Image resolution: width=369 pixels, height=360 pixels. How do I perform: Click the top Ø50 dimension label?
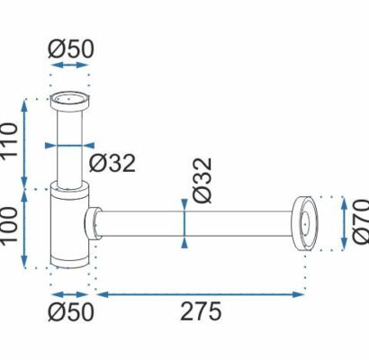(x=71, y=49)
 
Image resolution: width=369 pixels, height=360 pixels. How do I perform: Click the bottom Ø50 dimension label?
(x=71, y=312)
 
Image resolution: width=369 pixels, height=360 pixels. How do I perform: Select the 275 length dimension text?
(x=201, y=311)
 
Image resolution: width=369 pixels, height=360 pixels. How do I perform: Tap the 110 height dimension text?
(x=10, y=139)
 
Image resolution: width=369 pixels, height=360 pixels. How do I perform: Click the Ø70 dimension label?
(x=361, y=221)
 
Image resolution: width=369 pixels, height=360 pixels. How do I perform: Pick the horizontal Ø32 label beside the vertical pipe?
(x=112, y=164)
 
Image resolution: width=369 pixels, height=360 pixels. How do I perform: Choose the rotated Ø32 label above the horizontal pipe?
(x=202, y=180)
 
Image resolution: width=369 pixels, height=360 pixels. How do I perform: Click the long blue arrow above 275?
(x=201, y=294)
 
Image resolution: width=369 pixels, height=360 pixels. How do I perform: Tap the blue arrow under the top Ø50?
(x=69, y=65)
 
